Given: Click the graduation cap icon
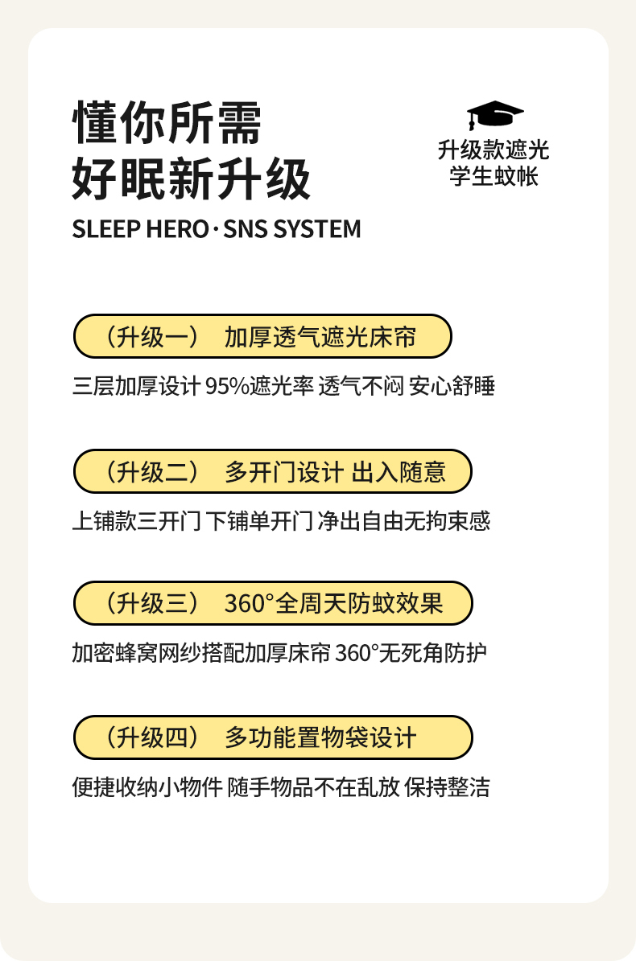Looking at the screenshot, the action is click(494, 115).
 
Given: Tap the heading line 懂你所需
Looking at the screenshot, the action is click(167, 122).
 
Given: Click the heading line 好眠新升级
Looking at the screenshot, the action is click(192, 179).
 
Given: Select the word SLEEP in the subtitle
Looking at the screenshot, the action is click(107, 229).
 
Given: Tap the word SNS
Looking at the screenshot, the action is click(246, 229).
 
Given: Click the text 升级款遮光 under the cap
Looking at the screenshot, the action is click(494, 150).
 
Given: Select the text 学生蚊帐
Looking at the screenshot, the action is click(494, 176).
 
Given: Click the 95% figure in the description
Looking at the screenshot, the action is click(227, 387).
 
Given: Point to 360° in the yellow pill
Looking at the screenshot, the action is click(249, 604).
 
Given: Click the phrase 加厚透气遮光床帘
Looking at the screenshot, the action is click(320, 337).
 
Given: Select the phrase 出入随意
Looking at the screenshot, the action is click(399, 472).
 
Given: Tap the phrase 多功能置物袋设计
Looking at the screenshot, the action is click(320, 737).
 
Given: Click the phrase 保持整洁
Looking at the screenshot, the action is click(447, 787).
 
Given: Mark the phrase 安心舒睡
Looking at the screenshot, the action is click(452, 387).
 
